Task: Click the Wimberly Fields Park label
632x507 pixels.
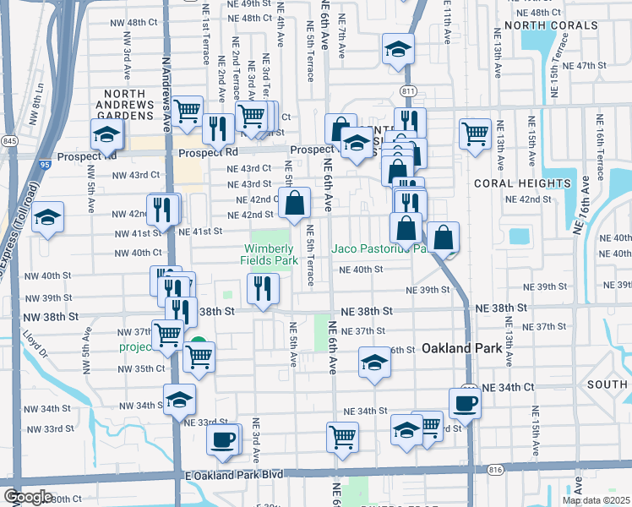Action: (270, 254)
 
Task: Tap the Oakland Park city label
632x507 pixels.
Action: (457, 347)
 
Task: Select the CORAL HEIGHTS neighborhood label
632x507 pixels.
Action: (522, 183)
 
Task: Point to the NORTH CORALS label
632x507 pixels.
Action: (540, 26)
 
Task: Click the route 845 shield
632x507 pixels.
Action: (10, 140)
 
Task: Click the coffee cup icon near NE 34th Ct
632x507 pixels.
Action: (464, 402)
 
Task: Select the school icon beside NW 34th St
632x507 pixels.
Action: (179, 399)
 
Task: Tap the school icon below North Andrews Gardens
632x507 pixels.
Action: (106, 134)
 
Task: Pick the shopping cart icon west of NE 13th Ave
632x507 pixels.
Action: (476, 134)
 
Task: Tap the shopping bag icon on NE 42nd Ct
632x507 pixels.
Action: (295, 203)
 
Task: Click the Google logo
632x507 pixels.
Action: (27, 497)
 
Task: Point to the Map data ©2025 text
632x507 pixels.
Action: (596, 500)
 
